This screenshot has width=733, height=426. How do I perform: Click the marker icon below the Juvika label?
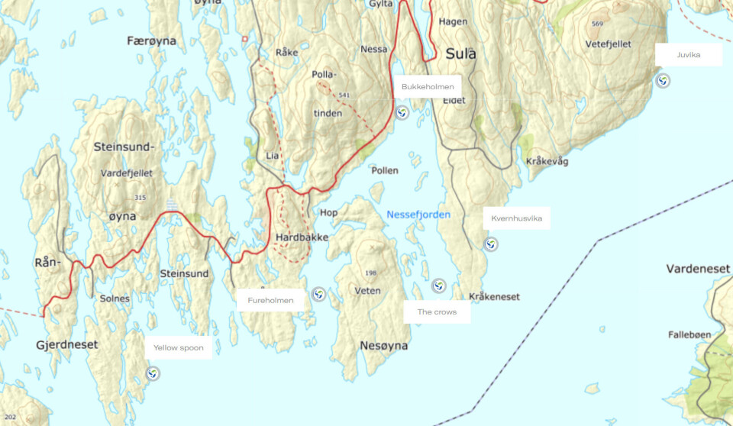(x=664, y=81)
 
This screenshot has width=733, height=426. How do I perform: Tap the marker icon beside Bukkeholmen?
(x=402, y=113)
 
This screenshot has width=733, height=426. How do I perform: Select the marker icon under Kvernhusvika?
(x=492, y=244)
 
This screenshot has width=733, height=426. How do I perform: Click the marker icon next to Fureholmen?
(x=318, y=295)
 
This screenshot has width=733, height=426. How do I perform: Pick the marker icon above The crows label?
(x=438, y=286)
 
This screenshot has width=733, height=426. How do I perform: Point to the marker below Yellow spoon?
(x=153, y=373)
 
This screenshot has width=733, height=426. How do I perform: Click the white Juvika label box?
(x=688, y=55)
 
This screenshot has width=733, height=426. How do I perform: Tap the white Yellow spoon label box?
(x=179, y=347)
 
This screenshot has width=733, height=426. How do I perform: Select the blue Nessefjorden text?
(x=418, y=215)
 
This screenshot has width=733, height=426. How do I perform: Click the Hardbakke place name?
(x=302, y=237)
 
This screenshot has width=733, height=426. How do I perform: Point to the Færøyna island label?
(x=152, y=41)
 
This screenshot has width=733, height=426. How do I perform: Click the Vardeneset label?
(x=698, y=269)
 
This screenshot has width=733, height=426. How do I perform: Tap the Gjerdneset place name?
(x=66, y=345)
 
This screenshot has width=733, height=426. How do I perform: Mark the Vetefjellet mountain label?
(x=609, y=44)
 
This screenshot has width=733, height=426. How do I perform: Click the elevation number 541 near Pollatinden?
(x=344, y=95)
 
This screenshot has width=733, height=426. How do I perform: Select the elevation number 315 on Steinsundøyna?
(x=139, y=198)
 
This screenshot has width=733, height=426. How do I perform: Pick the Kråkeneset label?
(x=495, y=296)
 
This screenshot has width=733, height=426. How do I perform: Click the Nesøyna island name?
(x=383, y=346)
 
